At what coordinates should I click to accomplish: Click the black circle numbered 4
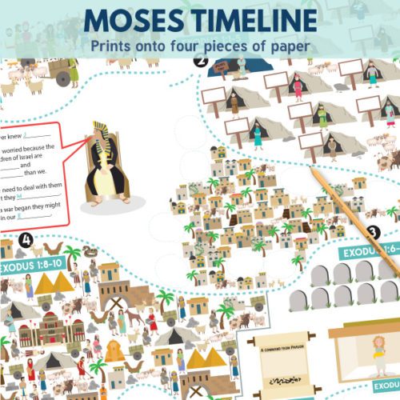click(26, 239)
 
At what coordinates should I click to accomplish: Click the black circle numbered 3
click(372, 233)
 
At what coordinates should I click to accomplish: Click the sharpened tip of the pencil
click(310, 171)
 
